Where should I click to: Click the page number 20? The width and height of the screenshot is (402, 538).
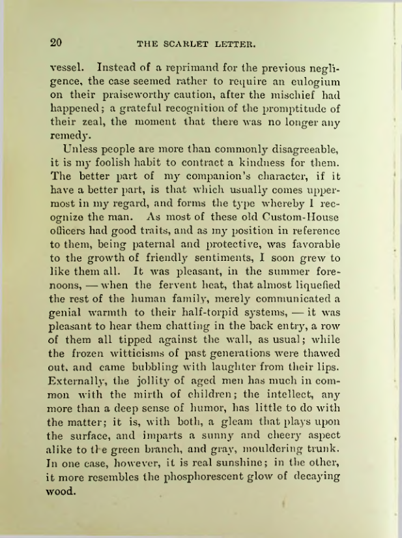56,43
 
